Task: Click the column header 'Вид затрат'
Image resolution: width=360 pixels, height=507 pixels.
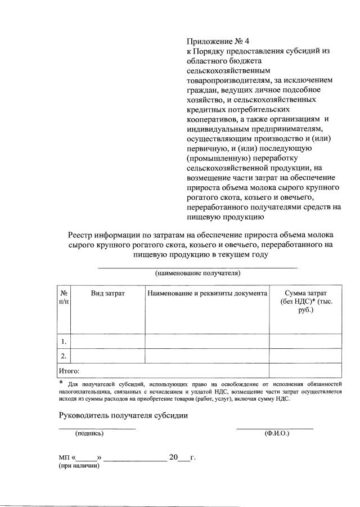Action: click(107, 294)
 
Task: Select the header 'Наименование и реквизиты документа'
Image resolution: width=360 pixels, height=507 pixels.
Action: click(206, 294)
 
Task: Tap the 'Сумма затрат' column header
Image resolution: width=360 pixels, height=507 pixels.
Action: click(305, 294)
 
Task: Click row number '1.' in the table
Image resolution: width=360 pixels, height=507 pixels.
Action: click(64, 341)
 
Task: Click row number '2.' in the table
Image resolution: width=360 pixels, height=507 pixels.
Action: click(64, 356)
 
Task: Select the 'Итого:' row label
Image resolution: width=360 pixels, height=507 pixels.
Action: click(69, 371)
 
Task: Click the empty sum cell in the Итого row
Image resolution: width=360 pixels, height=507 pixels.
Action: click(305, 371)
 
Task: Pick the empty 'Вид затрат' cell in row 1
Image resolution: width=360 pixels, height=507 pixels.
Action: click(107, 341)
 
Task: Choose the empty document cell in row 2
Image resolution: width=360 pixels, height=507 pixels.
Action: click(206, 356)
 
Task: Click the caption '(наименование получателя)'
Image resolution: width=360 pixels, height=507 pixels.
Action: click(198, 273)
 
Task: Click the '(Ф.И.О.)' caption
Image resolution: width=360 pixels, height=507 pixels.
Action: click(276, 433)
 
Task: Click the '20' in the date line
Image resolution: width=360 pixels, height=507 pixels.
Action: click(173, 457)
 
